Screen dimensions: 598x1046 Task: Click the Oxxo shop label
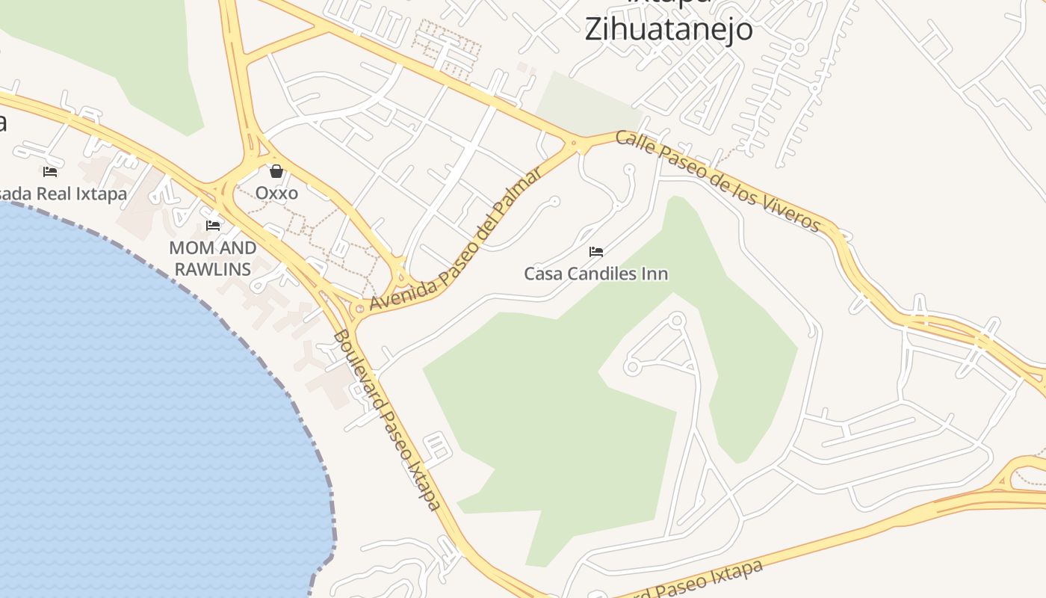[x=276, y=193]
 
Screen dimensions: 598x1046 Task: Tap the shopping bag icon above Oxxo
[x=276, y=171]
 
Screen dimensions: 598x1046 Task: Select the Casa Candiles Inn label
[x=595, y=274]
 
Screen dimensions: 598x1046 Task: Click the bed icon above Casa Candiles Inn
[x=595, y=251]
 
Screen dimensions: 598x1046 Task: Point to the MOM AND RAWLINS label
[x=213, y=258]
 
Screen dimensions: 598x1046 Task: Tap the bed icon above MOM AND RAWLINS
[x=213, y=225]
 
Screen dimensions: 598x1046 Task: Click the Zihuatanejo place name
[x=668, y=29]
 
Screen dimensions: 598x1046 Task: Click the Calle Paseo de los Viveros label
[x=718, y=180]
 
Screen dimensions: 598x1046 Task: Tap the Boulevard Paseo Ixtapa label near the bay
[x=386, y=420]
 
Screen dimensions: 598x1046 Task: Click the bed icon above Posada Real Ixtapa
[x=50, y=171]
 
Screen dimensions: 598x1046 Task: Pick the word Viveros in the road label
[x=793, y=212]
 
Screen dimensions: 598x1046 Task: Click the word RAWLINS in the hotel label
[x=213, y=268]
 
